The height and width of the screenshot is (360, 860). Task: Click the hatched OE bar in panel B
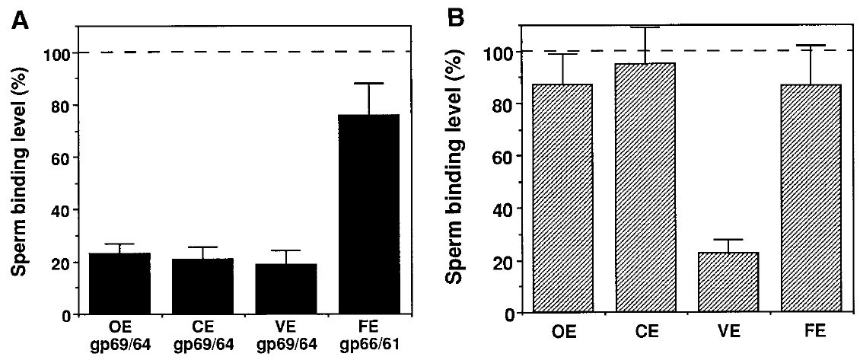(x=562, y=198)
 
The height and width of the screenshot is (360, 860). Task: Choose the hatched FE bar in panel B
(x=809, y=198)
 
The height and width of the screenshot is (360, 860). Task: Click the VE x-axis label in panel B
(x=728, y=333)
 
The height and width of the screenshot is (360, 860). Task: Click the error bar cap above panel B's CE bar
(x=645, y=27)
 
